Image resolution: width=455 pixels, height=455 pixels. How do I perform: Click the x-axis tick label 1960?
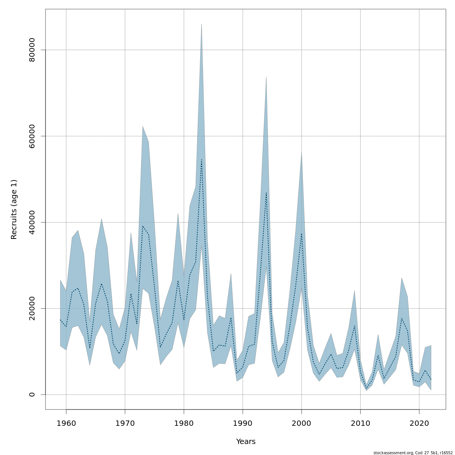tap(66, 423)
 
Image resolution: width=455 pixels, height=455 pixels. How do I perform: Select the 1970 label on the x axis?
tap(125, 423)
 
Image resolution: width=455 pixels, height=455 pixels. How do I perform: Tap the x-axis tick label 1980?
tap(184, 423)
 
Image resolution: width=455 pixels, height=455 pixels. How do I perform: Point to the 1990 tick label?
tap(243, 423)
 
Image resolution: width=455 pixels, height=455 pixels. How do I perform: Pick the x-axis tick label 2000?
tap(301, 423)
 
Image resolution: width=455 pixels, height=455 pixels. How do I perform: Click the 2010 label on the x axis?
tap(360, 423)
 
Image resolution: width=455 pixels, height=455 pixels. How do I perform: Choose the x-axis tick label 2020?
tap(419, 423)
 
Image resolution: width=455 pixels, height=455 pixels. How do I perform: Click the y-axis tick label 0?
tap(32, 394)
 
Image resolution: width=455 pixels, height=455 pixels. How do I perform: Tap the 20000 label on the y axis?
tap(32, 308)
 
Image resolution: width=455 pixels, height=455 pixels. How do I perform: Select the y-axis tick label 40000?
tap(32, 222)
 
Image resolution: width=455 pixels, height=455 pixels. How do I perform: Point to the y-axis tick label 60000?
tap(32, 136)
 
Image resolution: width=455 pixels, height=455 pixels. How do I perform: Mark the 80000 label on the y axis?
tap(32, 50)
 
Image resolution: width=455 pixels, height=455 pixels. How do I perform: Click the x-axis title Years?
tap(246, 442)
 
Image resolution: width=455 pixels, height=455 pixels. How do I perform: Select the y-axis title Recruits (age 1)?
tap(14, 209)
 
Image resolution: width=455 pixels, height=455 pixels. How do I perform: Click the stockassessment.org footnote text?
tap(413, 453)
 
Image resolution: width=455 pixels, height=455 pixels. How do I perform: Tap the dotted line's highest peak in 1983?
tap(201, 159)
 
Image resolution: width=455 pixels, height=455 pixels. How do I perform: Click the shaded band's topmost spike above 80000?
tap(201, 24)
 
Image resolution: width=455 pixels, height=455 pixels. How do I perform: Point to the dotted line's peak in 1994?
tap(266, 193)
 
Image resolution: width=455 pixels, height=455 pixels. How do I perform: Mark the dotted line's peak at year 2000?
tap(301, 234)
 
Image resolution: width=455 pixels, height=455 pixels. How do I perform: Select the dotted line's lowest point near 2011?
tap(366, 388)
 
